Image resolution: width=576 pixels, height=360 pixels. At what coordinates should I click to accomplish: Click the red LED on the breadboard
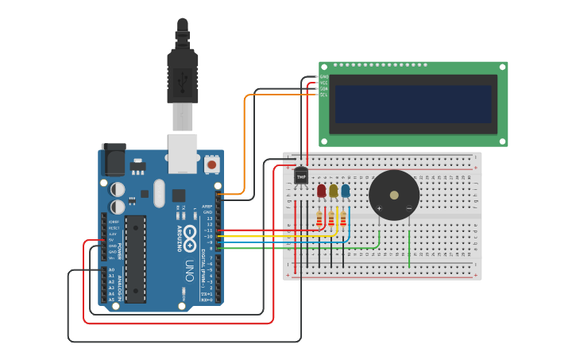pos(321,191)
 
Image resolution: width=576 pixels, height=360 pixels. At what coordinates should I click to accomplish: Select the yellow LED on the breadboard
pos(333,191)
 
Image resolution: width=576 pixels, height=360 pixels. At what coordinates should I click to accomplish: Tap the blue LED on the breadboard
pos(345,191)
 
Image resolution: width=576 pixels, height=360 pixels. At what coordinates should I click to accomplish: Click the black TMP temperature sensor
pos(301,176)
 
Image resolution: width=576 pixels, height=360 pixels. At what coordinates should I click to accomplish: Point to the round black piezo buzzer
pos(394,195)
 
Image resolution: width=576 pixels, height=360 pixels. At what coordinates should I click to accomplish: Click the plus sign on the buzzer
pos(379,209)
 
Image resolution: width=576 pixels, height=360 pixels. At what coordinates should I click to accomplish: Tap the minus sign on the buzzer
pos(408,209)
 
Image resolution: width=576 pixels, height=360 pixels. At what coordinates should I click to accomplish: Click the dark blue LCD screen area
pos(412,104)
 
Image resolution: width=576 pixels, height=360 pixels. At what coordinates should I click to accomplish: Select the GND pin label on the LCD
pos(323,76)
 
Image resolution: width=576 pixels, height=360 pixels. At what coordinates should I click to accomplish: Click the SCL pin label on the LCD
pos(323,95)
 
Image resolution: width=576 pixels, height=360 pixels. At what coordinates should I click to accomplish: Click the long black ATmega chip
pos(135,259)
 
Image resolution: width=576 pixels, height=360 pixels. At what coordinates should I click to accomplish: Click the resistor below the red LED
pos(319,218)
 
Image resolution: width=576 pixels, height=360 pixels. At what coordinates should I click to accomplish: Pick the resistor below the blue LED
pos(343,218)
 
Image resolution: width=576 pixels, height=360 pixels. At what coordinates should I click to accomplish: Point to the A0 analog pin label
pos(112,270)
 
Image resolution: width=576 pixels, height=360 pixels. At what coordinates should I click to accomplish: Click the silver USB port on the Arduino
pos(183,153)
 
